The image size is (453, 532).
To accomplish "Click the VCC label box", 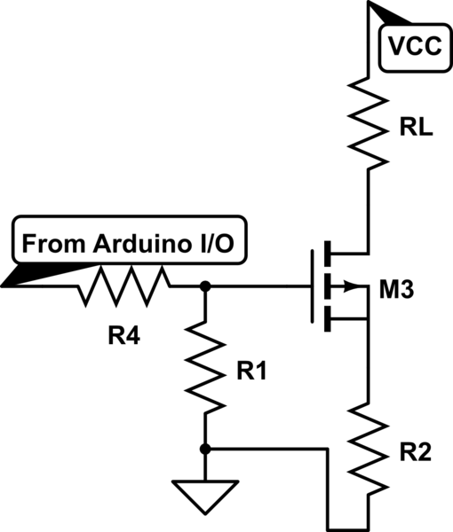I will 413,47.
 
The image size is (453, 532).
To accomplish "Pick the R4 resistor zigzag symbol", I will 124,286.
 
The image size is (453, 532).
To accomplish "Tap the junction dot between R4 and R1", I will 205,286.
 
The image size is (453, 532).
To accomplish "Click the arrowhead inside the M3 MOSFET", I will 357,286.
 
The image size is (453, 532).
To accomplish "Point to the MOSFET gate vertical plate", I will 314,286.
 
